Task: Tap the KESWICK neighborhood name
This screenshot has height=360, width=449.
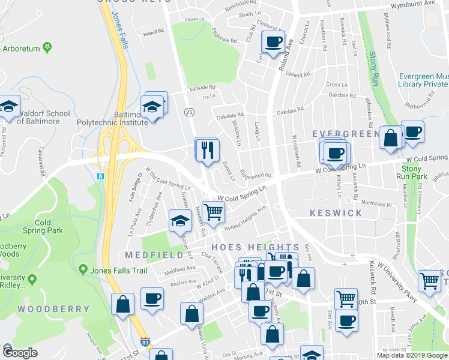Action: tap(336, 213)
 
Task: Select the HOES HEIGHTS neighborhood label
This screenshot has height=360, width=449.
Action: tap(254, 247)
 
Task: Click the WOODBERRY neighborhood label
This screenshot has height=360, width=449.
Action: tap(53, 309)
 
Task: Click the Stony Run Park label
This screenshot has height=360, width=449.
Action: tap(411, 173)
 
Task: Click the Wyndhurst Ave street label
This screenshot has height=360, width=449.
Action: tap(412, 4)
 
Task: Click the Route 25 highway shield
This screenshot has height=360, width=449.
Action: tap(189, 112)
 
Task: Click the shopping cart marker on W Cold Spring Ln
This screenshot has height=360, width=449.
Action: tap(214, 211)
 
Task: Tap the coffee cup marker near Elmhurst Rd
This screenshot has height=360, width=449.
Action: tap(273, 43)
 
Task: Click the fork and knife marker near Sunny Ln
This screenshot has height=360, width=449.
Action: tap(208, 150)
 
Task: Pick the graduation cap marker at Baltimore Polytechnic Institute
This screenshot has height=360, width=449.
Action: tap(153, 108)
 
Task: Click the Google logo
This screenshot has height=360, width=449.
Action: tap(20, 353)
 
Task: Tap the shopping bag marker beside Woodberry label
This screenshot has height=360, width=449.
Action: tap(123, 304)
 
